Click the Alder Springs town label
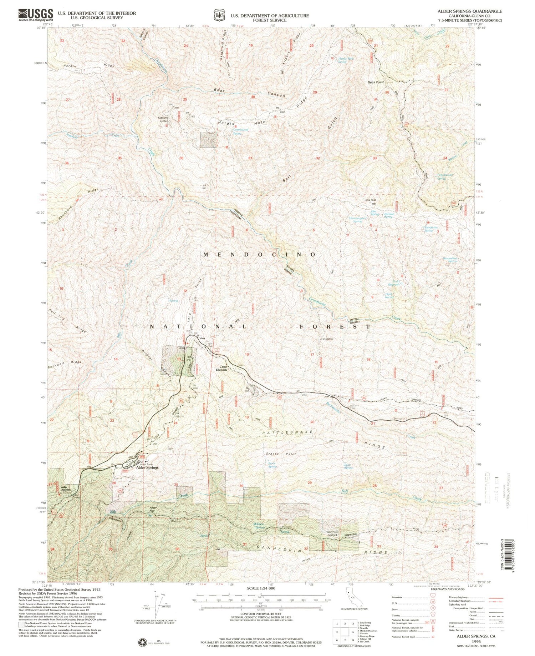pos(147,467)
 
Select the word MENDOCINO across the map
pos(259,255)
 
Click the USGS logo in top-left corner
pos(36,15)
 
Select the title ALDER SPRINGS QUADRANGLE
pos(470,11)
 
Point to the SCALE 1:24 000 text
pos(261,588)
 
